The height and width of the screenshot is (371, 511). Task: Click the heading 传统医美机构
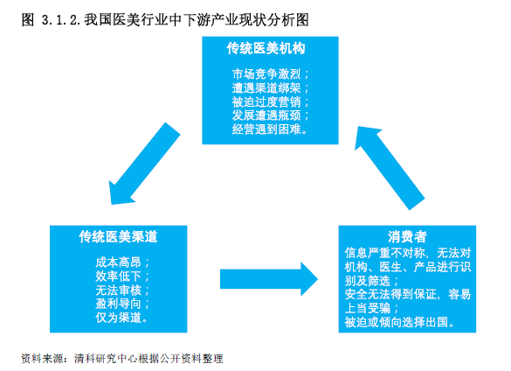pyautogui.click(x=266, y=48)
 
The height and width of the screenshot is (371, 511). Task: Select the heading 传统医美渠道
pyautogui.click(x=118, y=237)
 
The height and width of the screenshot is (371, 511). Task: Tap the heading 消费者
pyautogui.click(x=407, y=237)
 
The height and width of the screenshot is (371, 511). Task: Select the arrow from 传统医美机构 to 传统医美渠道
pyautogui.click(x=143, y=164)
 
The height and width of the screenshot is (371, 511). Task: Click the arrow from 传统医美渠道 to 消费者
pyautogui.click(x=269, y=279)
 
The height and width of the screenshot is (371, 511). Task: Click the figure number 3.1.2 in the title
pyautogui.click(x=61, y=20)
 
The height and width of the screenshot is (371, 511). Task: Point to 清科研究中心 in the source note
pyautogui.click(x=106, y=359)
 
